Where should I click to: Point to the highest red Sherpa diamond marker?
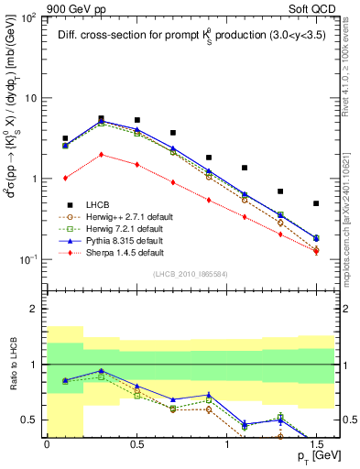[101, 155]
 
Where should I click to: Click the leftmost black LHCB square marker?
[65, 138]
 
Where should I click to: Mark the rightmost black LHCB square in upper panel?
[316, 203]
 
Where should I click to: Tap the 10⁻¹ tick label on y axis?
[29, 260]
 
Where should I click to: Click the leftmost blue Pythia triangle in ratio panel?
[65, 380]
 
